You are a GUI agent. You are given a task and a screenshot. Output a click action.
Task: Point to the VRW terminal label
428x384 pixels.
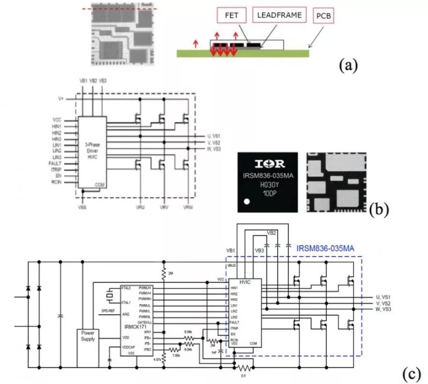click(188, 208)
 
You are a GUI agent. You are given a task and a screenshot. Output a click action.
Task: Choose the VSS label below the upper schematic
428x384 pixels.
click(83, 208)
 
